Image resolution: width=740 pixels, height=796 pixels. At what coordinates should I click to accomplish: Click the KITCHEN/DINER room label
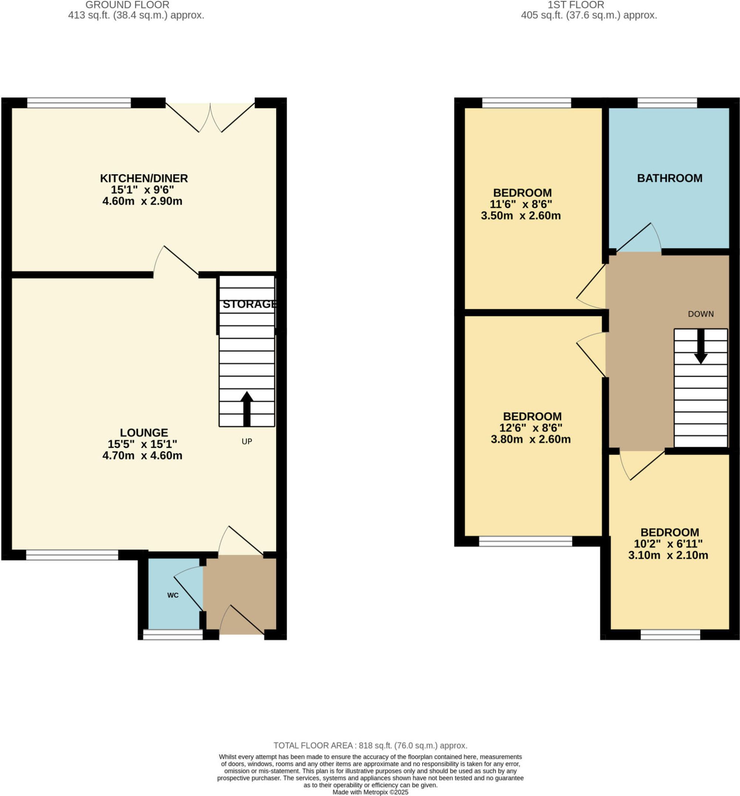(144, 178)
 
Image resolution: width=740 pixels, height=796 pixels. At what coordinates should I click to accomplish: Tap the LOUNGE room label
(144, 433)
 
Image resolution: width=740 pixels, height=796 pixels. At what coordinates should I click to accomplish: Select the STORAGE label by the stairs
(249, 304)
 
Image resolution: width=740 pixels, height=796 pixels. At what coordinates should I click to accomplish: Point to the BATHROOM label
(670, 178)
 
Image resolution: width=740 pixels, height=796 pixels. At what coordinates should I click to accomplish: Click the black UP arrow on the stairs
(247, 409)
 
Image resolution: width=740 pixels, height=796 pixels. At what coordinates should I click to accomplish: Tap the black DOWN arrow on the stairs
(700, 347)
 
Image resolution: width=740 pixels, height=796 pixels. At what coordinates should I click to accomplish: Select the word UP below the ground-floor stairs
(247, 441)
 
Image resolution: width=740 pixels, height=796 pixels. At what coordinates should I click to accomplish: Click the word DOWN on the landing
(701, 314)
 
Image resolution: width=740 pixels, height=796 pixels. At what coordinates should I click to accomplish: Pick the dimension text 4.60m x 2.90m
(142, 201)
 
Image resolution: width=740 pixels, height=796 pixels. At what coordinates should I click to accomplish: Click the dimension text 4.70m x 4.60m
(142, 456)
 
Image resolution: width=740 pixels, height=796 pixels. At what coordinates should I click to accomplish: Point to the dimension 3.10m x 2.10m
(668, 555)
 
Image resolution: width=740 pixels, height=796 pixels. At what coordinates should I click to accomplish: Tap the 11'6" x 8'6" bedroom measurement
(521, 204)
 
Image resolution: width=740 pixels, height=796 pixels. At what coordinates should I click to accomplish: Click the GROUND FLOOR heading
(127, 5)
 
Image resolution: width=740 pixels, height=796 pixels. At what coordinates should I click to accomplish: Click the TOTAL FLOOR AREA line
(370, 746)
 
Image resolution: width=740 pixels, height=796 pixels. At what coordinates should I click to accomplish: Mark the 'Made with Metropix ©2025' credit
(370, 792)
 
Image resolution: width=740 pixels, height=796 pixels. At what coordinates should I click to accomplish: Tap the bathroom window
(667, 103)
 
